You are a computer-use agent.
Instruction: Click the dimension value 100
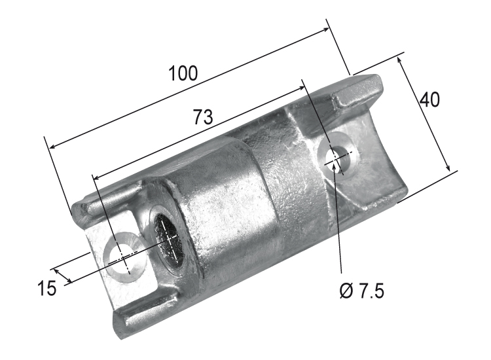click(x=183, y=73)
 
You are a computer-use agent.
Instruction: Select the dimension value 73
click(x=203, y=117)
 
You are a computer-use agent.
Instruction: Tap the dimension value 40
click(x=429, y=99)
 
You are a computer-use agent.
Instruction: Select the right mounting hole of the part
click(x=337, y=158)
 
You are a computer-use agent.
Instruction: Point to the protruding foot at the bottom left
click(x=141, y=313)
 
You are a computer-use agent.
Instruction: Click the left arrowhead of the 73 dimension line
click(x=97, y=176)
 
